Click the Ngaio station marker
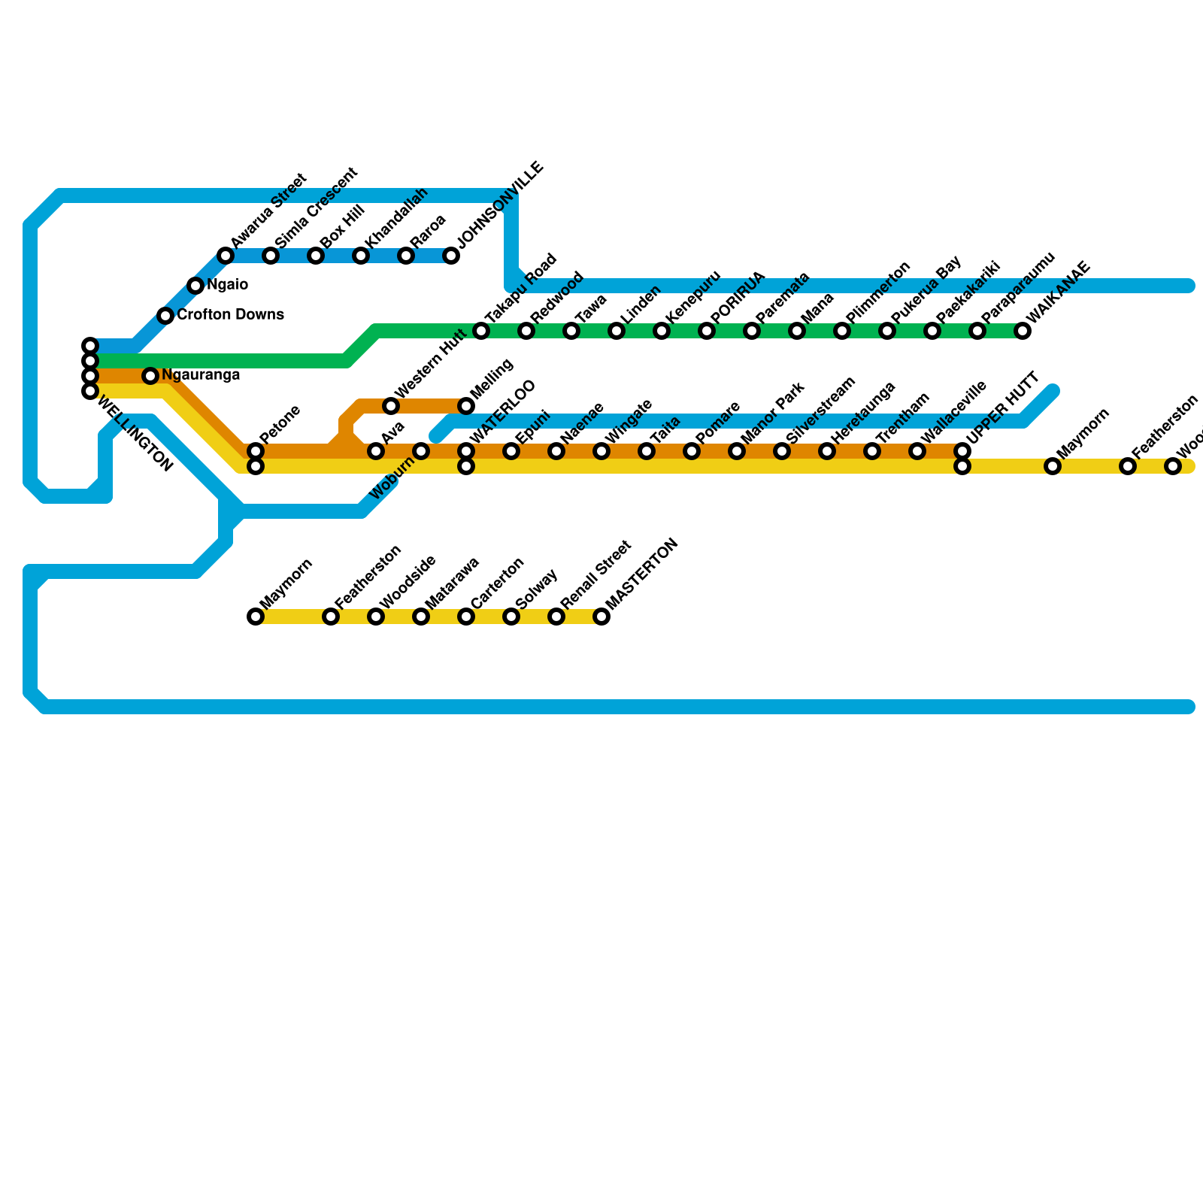(x=195, y=286)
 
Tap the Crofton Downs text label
(x=230, y=315)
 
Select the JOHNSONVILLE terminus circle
(x=451, y=256)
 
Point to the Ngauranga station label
(x=201, y=375)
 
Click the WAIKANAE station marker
(x=1023, y=331)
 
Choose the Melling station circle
(x=466, y=406)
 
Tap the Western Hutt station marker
(x=391, y=406)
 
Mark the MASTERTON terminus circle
(x=601, y=617)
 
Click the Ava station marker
(x=376, y=451)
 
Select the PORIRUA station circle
(x=707, y=331)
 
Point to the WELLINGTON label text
(x=135, y=436)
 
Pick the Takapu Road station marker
(x=481, y=331)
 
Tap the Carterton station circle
(x=466, y=617)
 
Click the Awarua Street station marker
(x=226, y=256)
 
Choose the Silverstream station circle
(x=782, y=451)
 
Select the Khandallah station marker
(x=361, y=256)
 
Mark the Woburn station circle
(x=421, y=451)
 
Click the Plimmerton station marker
(x=842, y=331)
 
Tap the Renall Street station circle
(x=556, y=617)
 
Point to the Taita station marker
(x=647, y=451)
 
